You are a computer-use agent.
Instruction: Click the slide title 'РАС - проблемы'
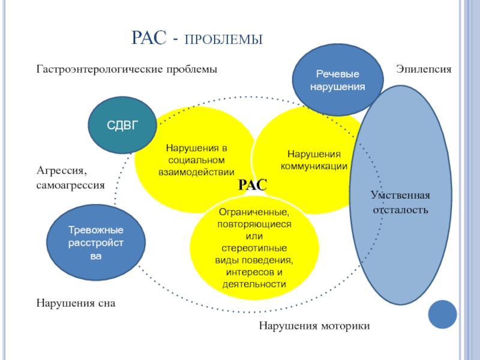click(x=197, y=40)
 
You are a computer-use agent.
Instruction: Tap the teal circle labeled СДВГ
click(x=122, y=125)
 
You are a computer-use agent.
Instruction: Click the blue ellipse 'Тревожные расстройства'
click(x=95, y=243)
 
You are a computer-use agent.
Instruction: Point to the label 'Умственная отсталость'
click(x=400, y=203)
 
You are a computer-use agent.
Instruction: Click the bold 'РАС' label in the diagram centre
click(x=253, y=186)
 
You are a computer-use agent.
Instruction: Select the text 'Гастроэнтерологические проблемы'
click(x=127, y=70)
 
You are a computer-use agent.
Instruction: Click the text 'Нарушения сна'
click(x=75, y=304)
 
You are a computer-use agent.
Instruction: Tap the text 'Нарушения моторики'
click(x=314, y=326)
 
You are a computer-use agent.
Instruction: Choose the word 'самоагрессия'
click(x=71, y=185)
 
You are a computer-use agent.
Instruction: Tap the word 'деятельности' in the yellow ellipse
click(x=254, y=284)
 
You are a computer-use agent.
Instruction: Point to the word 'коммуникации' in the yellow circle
click(x=314, y=166)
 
